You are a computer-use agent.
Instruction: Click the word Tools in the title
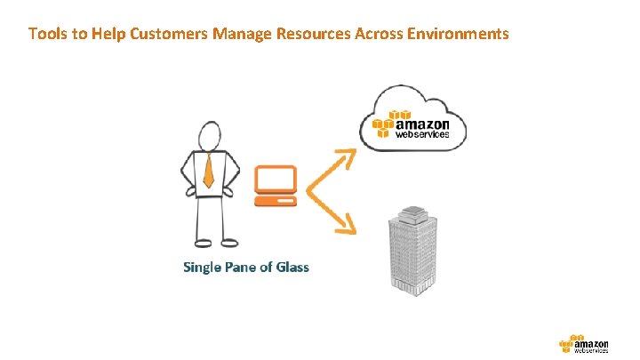pyautogui.click(x=45, y=35)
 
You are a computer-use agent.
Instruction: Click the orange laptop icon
pyautogui.click(x=275, y=186)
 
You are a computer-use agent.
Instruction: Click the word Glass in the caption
pyautogui.click(x=292, y=267)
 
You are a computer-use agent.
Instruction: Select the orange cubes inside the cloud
pyautogui.click(x=384, y=124)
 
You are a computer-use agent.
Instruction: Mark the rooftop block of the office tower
pyautogui.click(x=413, y=214)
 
